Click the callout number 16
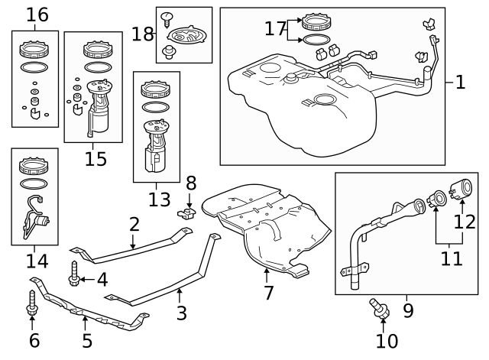click(37, 15)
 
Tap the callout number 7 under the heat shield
click(268, 293)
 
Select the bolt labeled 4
click(74, 274)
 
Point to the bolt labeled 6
click(32, 303)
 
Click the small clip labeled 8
click(186, 214)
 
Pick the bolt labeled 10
click(379, 308)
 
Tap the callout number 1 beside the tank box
click(460, 83)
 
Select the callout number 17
click(275, 28)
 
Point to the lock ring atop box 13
click(155, 90)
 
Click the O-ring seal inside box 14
click(34, 183)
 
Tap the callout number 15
click(96, 159)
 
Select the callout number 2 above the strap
click(134, 224)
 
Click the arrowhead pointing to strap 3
click(180, 291)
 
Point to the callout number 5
click(87, 340)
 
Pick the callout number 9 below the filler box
click(408, 310)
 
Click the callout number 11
click(452, 258)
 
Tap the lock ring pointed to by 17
click(316, 21)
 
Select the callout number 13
click(160, 199)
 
